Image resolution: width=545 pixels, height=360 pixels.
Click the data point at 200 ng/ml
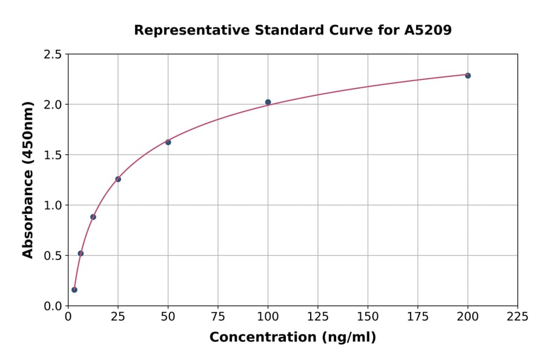tap(467, 76)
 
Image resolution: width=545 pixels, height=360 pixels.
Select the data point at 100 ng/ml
tap(268, 102)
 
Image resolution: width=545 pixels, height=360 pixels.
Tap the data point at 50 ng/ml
tap(168, 142)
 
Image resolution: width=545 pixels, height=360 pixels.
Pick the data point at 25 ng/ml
tap(118, 179)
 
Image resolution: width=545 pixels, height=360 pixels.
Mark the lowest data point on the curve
tap(74, 290)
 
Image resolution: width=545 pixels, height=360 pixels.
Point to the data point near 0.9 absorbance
tap(93, 217)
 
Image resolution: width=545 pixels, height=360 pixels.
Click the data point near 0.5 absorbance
tap(81, 253)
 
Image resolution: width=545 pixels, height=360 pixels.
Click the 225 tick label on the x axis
tap(517, 317)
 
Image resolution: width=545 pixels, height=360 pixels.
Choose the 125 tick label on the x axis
tap(318, 317)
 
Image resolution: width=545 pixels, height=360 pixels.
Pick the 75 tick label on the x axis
tap(218, 317)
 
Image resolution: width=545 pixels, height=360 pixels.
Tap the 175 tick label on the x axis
tap(418, 317)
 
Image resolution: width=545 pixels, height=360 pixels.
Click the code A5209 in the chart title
tap(428, 30)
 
